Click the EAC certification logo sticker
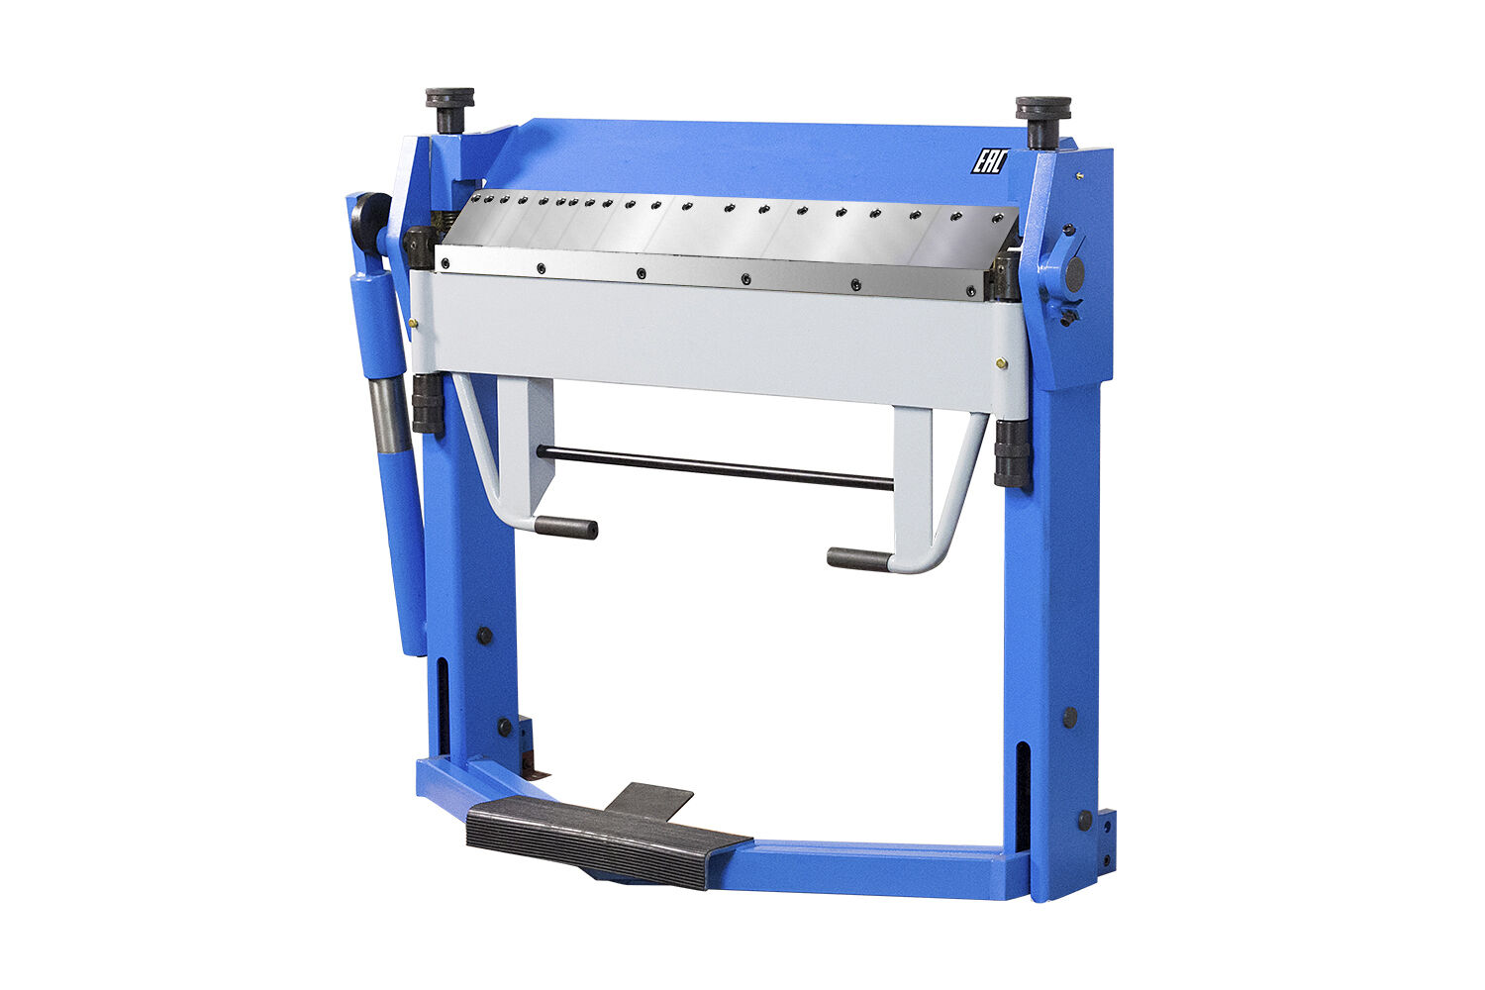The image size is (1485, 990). click(990, 161)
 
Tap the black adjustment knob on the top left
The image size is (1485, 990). click(449, 110)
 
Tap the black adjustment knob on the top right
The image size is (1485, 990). click(1042, 122)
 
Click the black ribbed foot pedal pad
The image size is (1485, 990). click(609, 841)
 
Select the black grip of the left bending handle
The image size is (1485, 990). click(565, 528)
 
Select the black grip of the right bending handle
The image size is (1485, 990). click(859, 559)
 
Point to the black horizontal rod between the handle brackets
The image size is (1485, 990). click(715, 467)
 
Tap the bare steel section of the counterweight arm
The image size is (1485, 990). click(389, 414)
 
